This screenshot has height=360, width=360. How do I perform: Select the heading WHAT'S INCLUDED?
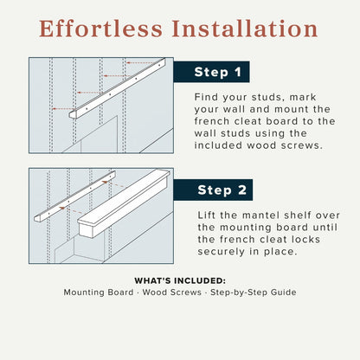point(180,280)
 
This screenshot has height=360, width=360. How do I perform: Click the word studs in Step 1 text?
point(263,98)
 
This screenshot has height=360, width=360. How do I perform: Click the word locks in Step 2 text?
point(312,239)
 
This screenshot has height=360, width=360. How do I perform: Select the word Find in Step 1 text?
point(208,98)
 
